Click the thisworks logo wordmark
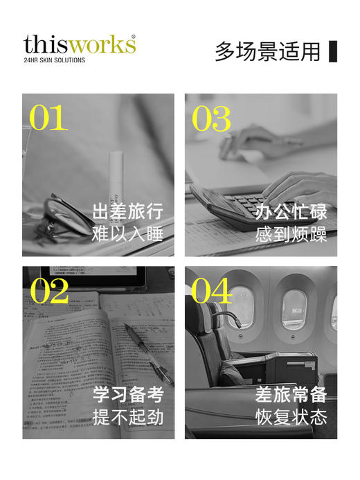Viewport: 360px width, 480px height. click(x=79, y=44)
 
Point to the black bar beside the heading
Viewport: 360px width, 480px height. click(x=332, y=51)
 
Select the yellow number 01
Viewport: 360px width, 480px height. click(x=48, y=118)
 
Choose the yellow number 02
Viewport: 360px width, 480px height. click(x=49, y=291)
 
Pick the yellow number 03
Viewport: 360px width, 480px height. click(x=211, y=118)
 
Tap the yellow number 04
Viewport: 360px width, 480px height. click(x=212, y=291)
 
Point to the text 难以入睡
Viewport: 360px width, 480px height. click(x=128, y=234)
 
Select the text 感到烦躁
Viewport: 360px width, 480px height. click(x=291, y=234)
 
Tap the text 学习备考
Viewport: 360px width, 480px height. click(x=128, y=395)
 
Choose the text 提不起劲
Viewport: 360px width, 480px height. click(x=128, y=418)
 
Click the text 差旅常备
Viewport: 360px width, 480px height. click(x=291, y=395)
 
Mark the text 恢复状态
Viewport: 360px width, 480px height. click(x=291, y=418)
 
